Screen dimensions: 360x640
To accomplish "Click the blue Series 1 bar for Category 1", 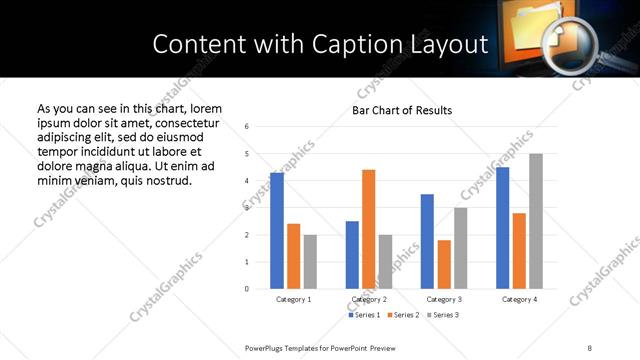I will tap(277, 231).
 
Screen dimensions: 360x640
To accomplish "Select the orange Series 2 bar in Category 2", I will tap(369, 229).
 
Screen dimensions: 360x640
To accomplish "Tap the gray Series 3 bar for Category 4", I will tap(535, 221).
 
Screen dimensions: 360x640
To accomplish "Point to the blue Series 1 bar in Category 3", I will tap(427, 241).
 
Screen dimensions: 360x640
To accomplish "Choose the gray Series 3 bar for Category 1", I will tap(310, 262).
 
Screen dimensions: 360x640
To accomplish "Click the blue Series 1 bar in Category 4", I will tap(502, 228).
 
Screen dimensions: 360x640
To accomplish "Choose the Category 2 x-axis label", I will tap(369, 299).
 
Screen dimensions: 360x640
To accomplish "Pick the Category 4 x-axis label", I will tap(519, 299).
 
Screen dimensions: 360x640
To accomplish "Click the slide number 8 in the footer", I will tap(589, 347).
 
